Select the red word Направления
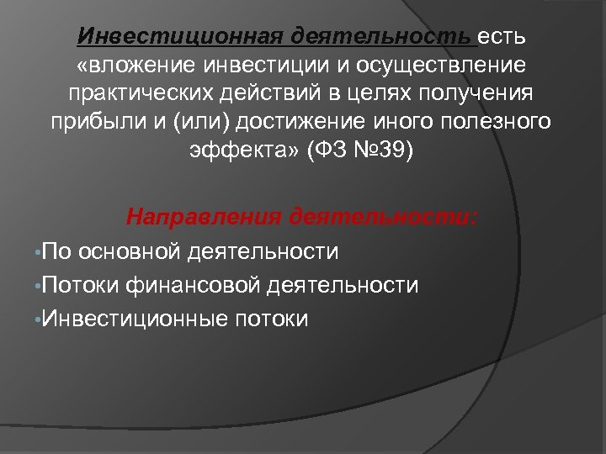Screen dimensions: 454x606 (x=203, y=218)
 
